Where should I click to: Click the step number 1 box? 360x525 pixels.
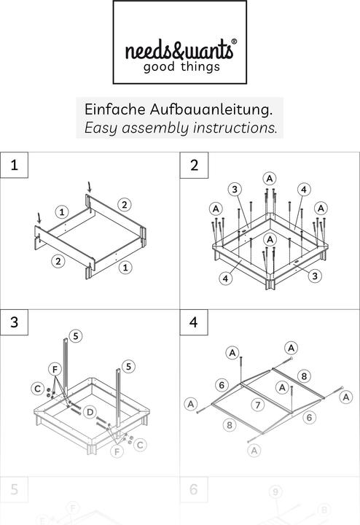pyautogui.click(x=15, y=165)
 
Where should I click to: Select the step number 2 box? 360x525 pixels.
pyautogui.click(x=194, y=165)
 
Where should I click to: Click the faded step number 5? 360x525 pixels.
pyautogui.click(x=15, y=489)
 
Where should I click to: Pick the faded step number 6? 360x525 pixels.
pyautogui.click(x=194, y=489)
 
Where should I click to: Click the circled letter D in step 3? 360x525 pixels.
pyautogui.click(x=90, y=413)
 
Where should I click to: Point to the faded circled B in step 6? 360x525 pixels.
pyautogui.click(x=325, y=510)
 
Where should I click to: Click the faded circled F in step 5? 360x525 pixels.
pyautogui.click(x=72, y=507)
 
